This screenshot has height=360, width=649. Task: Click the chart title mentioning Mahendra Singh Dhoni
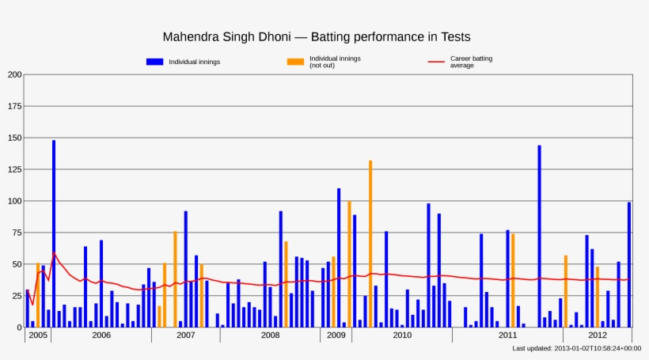pyautogui.click(x=317, y=37)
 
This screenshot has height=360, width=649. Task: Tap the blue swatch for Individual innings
pyautogui.click(x=154, y=62)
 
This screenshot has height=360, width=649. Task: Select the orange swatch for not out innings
pyautogui.click(x=295, y=62)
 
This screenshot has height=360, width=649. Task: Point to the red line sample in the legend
pyautogui.click(x=436, y=62)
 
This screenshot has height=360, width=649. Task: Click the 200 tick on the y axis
pyautogui.click(x=15, y=74)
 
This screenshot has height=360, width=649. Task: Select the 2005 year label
pyautogui.click(x=37, y=335)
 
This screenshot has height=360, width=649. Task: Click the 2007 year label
pyautogui.click(x=185, y=335)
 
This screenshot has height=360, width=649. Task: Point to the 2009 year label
pyautogui.click(x=336, y=335)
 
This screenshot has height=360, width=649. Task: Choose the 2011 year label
pyautogui.click(x=508, y=335)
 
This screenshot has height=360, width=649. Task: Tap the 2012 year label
pyautogui.click(x=598, y=335)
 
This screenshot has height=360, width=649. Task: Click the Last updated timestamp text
pyautogui.click(x=576, y=348)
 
